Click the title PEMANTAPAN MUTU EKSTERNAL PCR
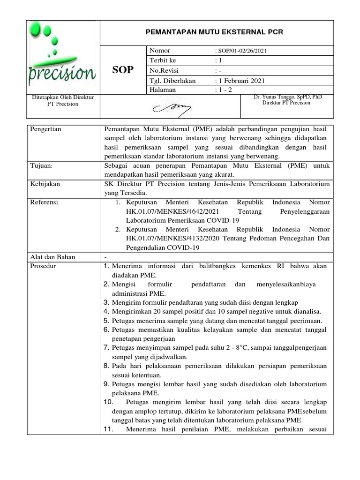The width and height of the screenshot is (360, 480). coord(216,32)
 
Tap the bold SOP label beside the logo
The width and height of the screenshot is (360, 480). coord(123,70)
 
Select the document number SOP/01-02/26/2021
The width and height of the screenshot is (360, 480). coord(242,51)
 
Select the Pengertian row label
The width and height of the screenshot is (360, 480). coord(46,129)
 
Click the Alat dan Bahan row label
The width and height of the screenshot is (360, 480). coord(52,257)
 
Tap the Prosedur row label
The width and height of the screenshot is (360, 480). coord(43,266)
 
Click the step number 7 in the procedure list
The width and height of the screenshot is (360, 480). coord(106,348)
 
